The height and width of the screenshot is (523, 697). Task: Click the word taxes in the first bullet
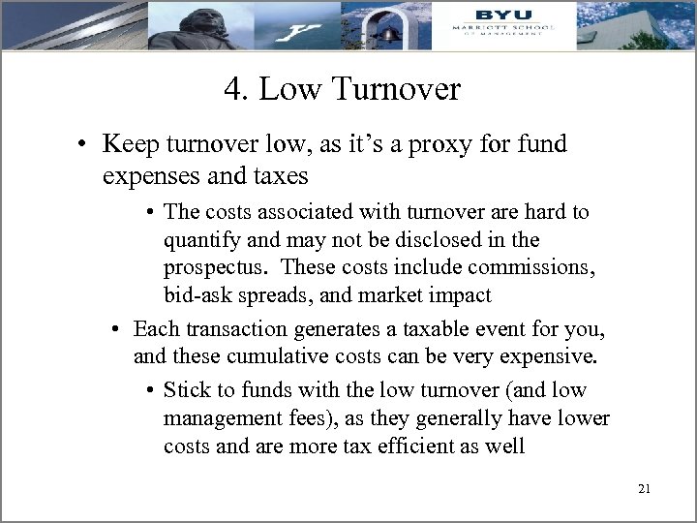pyautogui.click(x=277, y=175)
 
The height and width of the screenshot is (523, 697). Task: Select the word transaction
pyautogui.click(x=235, y=328)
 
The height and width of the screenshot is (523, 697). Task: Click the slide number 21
pyautogui.click(x=644, y=489)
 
